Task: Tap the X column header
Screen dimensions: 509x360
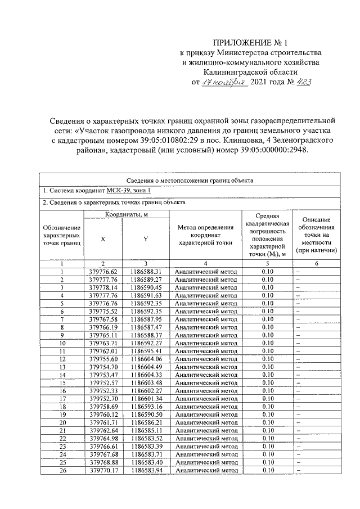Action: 102,239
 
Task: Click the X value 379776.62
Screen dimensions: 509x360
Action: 103,271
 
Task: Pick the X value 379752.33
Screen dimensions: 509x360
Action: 103,390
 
